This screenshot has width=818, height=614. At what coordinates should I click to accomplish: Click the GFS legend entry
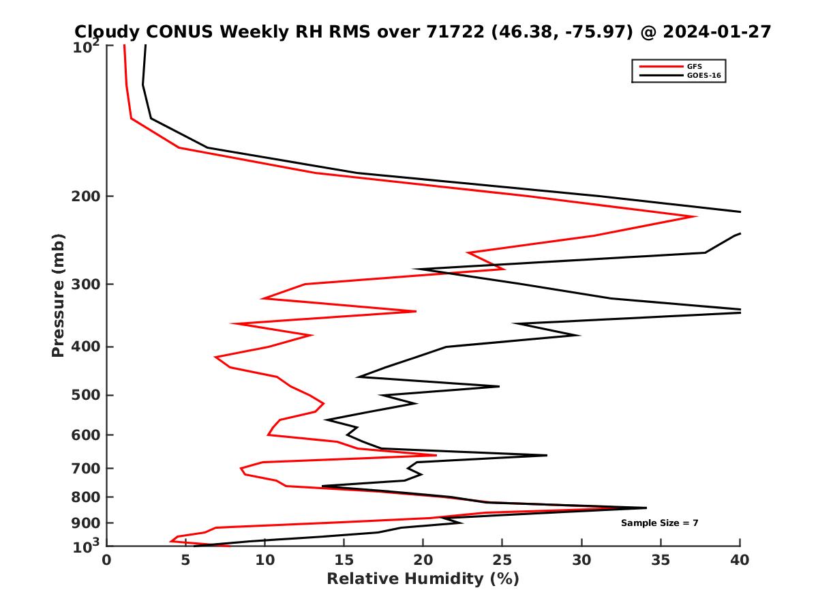pos(695,66)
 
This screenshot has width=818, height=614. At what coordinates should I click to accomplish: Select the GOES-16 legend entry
pos(702,75)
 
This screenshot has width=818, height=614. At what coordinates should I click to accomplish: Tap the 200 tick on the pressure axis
pos(87,196)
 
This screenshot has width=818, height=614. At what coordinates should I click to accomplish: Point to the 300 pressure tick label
pos(87,284)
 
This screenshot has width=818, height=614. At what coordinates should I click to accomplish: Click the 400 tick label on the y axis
pos(87,347)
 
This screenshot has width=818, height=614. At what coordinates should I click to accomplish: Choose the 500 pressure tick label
pos(87,395)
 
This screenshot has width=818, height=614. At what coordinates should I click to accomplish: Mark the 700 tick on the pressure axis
pos(87,468)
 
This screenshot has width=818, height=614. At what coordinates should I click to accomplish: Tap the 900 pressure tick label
pos(87,523)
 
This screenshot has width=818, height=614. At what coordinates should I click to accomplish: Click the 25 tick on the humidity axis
pos(502,561)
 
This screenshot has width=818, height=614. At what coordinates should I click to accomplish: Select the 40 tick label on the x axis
pos(740,561)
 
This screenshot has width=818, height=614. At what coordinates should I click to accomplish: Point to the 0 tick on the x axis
pos(107,561)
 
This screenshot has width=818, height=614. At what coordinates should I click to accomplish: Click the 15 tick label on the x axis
pos(344,561)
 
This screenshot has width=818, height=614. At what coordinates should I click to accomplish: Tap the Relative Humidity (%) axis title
pos(423,579)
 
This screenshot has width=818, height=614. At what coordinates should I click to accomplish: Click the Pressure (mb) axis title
pos(58,295)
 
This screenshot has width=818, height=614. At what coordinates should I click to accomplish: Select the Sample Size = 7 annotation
pos(659,523)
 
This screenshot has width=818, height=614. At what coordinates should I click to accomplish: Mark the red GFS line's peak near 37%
pos(695,217)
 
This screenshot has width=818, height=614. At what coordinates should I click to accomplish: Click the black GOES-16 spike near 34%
pos(646,508)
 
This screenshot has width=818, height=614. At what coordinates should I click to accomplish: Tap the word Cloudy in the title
pos(108,31)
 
